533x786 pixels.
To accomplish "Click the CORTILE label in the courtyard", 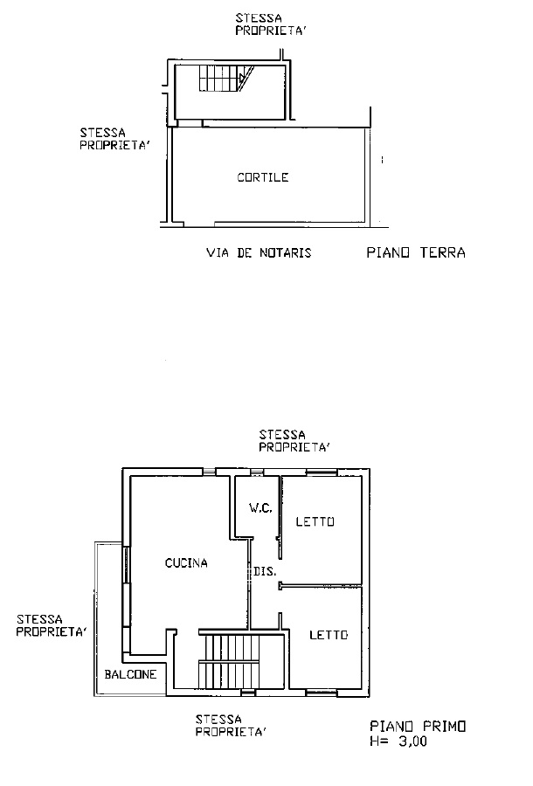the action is pyautogui.click(x=263, y=177).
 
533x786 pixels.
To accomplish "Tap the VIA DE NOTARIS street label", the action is pyautogui.click(x=259, y=252).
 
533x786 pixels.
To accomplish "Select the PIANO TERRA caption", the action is pyautogui.click(x=416, y=252).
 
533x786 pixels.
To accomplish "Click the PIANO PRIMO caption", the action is pyautogui.click(x=418, y=726).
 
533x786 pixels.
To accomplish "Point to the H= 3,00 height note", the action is pyautogui.click(x=398, y=741).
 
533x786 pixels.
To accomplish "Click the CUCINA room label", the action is pyautogui.click(x=186, y=563).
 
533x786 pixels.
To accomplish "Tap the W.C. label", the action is pyautogui.click(x=260, y=507).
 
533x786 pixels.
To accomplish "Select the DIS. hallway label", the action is pyautogui.click(x=265, y=571).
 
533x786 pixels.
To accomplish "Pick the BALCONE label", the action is pyautogui.click(x=130, y=674).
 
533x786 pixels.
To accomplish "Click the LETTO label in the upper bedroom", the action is pyautogui.click(x=315, y=522).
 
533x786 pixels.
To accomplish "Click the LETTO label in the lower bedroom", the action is pyautogui.click(x=329, y=635).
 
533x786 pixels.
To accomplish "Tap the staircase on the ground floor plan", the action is pyautogui.click(x=226, y=79).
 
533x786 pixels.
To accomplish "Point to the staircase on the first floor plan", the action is pyautogui.click(x=230, y=659).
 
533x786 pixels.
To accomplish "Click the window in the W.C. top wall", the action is pyautogui.click(x=257, y=472).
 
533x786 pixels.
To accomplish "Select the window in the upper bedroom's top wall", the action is pyautogui.click(x=322, y=472).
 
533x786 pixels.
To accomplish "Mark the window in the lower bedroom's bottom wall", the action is pyautogui.click(x=322, y=693).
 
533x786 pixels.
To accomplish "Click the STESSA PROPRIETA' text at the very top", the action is pyautogui.click(x=271, y=24).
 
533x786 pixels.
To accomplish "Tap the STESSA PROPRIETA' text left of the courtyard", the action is pyautogui.click(x=115, y=140).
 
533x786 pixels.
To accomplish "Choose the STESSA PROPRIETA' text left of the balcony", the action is pyautogui.click(x=52, y=625).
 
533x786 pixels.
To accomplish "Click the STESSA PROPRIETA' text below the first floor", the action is pyautogui.click(x=231, y=726).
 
